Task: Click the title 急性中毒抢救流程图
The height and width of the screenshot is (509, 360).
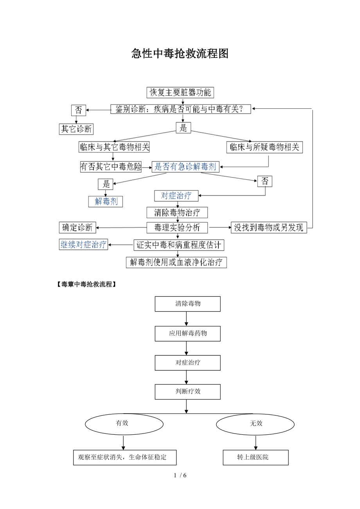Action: click(180, 54)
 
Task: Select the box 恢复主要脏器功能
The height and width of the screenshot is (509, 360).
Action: click(180, 93)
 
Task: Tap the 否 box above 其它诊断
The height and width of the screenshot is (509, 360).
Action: click(78, 110)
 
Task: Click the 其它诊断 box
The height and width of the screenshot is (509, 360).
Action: click(77, 129)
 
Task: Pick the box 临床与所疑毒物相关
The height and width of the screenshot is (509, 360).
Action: click(265, 147)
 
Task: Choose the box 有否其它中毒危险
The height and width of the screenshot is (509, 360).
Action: click(111, 167)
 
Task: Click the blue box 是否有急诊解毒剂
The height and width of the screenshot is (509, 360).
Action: click(185, 167)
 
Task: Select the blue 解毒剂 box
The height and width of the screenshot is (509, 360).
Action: click(106, 202)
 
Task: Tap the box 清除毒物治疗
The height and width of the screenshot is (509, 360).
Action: click(177, 213)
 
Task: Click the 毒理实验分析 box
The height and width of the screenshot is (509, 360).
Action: click(177, 228)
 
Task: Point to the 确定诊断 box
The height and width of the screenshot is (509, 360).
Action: click(77, 228)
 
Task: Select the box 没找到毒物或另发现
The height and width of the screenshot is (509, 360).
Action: click(269, 228)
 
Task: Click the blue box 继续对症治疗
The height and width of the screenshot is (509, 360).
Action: click(83, 245)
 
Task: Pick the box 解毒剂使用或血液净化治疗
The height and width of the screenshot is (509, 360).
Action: click(176, 262)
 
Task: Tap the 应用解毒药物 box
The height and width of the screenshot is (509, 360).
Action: click(187, 333)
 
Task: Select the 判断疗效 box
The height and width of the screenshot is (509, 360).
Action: click(187, 391)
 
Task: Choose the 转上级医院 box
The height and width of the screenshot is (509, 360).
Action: click(256, 457)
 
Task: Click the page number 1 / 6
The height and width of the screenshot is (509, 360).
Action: click(180, 475)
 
